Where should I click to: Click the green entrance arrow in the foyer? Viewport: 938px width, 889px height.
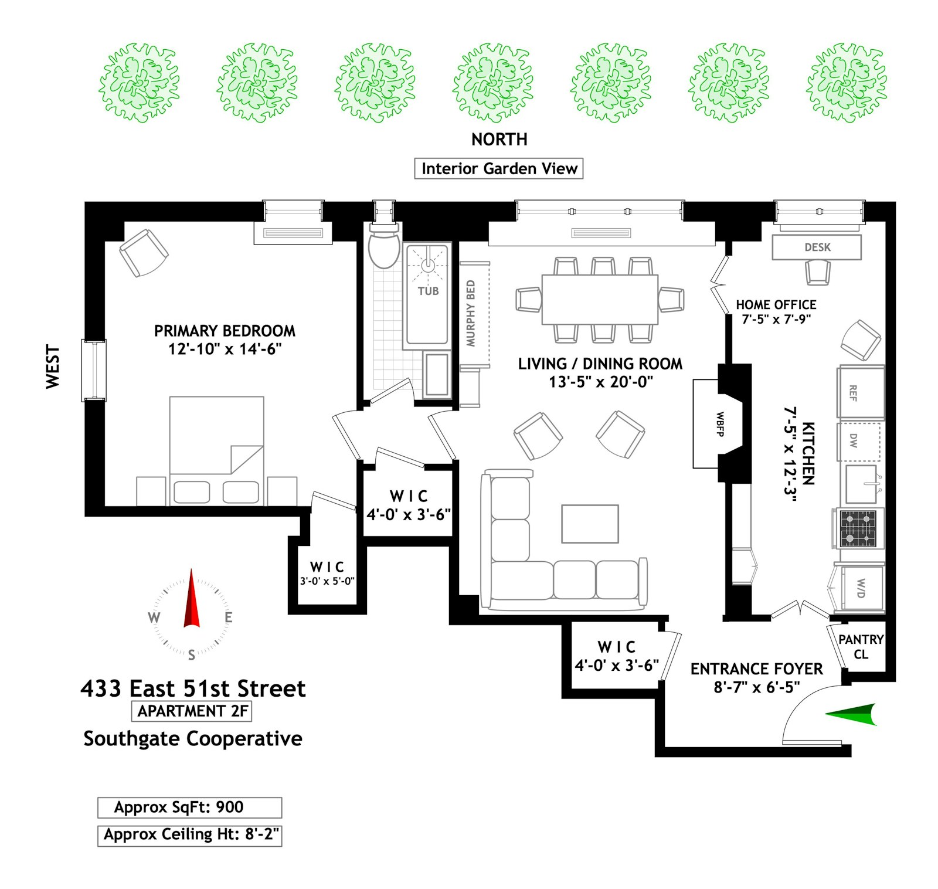(853, 714)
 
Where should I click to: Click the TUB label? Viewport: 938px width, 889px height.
(428, 291)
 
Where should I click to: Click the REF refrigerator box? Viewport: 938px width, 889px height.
(861, 392)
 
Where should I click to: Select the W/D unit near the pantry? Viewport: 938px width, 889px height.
(861, 588)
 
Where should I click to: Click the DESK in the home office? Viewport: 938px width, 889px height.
(817, 247)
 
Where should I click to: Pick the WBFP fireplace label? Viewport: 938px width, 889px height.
(720, 423)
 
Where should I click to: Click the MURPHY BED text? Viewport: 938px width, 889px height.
(471, 313)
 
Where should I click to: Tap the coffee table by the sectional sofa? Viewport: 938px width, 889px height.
(590, 524)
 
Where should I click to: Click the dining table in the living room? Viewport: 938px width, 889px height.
(599, 299)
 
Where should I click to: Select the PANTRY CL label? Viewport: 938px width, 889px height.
(860, 646)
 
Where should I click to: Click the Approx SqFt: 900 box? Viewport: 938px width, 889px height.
(189, 807)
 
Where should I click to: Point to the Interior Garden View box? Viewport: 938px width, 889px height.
(499, 169)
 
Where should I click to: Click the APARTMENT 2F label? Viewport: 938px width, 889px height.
(192, 711)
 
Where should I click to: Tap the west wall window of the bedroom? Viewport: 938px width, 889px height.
(94, 371)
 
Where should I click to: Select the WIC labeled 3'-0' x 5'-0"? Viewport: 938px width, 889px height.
(327, 573)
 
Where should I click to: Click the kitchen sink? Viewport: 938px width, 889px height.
(861, 484)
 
